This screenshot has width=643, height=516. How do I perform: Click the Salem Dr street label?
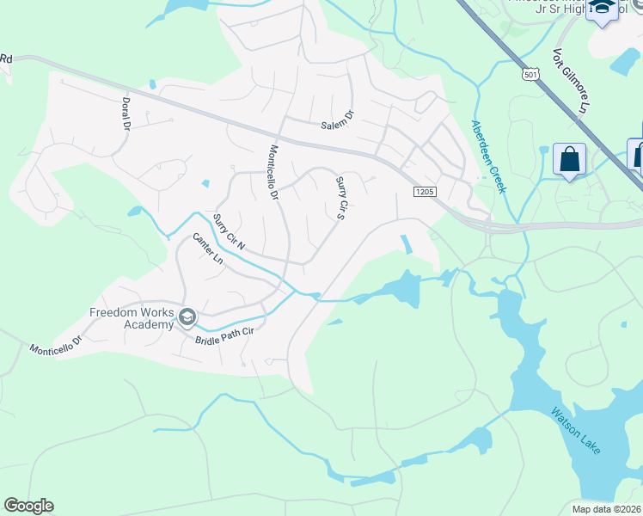(x=337, y=122)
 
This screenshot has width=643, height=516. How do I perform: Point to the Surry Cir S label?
(x=340, y=198)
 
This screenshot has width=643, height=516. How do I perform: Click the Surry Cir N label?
(x=229, y=232)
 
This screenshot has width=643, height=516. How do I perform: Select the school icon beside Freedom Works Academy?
(x=187, y=319)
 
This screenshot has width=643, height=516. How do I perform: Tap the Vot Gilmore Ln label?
(x=570, y=82)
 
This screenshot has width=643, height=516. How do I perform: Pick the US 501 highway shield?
(x=530, y=77)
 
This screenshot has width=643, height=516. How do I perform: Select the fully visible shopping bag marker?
(x=569, y=159)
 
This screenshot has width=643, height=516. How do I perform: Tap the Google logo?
(x=28, y=506)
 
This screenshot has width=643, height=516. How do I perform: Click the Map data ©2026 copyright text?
(x=607, y=509)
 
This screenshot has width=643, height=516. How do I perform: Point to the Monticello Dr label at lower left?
(x=54, y=345)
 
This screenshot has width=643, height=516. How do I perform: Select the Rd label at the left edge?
(x=6, y=58)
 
